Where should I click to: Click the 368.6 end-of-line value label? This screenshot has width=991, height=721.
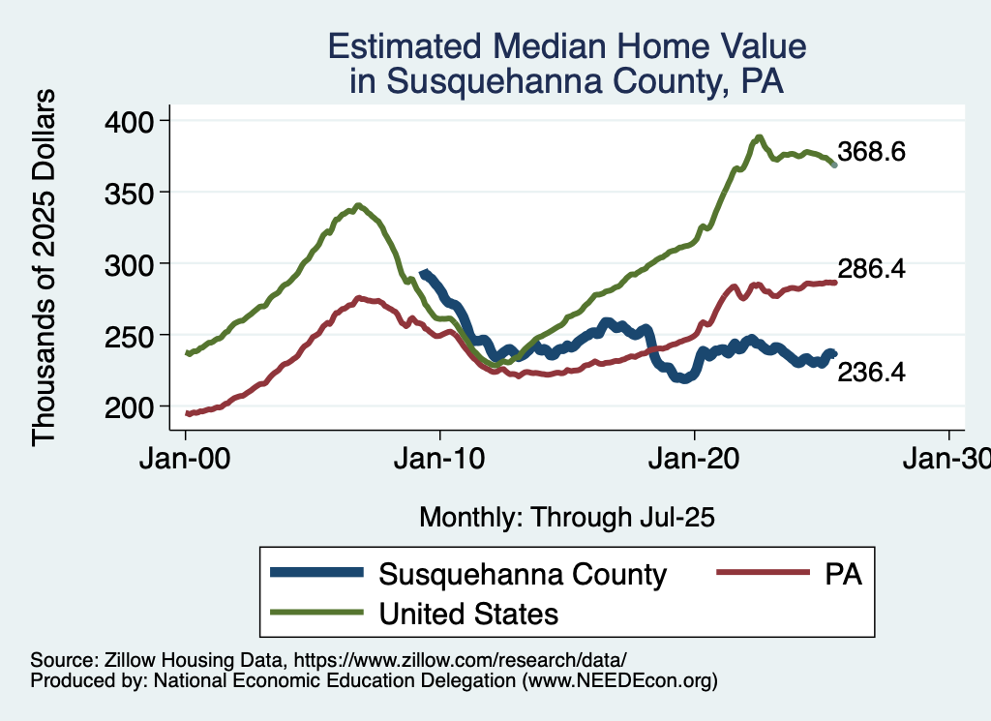click(x=871, y=153)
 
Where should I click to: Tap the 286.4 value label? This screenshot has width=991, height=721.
click(x=871, y=270)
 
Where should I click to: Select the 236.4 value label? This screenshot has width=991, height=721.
click(x=871, y=372)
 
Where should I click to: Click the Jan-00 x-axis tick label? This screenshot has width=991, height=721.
click(x=186, y=460)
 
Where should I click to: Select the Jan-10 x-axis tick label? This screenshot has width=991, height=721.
click(x=440, y=460)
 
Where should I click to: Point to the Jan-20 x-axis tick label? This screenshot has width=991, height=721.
click(x=695, y=460)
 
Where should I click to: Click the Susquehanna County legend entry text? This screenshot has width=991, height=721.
click(x=523, y=575)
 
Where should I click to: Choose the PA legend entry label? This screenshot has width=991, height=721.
click(x=843, y=575)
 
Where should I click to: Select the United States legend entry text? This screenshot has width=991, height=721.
click(x=468, y=614)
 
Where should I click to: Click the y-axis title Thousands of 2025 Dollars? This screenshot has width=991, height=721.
click(x=45, y=266)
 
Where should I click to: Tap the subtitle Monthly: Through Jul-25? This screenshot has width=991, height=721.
click(x=566, y=518)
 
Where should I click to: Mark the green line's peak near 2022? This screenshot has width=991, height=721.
click(x=760, y=137)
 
